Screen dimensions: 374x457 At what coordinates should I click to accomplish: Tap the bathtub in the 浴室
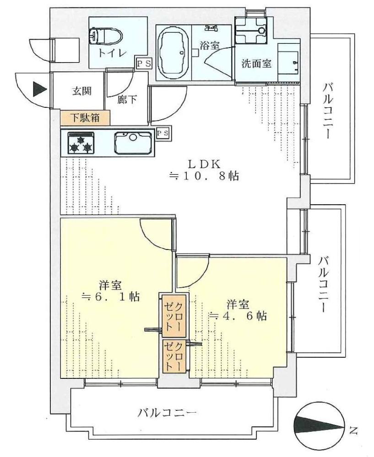[x=173, y=55]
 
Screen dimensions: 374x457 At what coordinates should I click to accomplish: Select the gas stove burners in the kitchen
[x=81, y=143]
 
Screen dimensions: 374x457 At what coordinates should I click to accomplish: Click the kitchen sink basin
[x=133, y=143]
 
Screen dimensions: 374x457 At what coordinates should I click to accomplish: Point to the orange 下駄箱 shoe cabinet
[x=85, y=118]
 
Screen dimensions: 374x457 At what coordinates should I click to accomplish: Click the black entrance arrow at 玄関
[x=40, y=89]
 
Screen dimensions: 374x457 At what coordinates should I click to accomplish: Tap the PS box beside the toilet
[x=144, y=63]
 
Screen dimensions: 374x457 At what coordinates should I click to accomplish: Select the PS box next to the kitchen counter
[x=163, y=133]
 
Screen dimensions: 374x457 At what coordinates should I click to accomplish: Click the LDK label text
[x=204, y=165]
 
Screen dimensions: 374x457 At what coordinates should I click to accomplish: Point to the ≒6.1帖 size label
[x=110, y=297]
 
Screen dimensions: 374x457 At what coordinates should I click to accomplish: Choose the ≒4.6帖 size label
[x=238, y=316]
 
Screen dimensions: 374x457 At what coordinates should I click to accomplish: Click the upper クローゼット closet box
[x=174, y=316]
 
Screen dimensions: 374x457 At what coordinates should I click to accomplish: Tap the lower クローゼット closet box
[x=174, y=356]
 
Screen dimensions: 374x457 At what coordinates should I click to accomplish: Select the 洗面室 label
[x=256, y=64]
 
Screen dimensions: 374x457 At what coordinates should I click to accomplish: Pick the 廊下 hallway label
[x=127, y=100]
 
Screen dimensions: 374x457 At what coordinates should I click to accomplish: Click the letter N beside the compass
[x=353, y=430]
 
